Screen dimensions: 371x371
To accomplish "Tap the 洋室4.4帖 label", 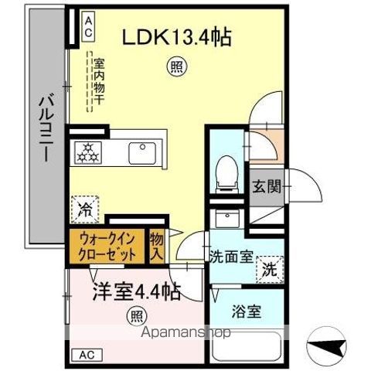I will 138,292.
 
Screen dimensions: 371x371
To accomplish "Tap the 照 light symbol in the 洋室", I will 136,315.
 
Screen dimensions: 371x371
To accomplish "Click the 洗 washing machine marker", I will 270,270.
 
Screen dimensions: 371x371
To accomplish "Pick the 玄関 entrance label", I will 266,186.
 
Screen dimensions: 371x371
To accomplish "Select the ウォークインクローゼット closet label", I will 107,246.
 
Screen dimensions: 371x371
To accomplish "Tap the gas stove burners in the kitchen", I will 88,152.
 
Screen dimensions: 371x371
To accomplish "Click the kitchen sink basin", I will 141,151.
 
